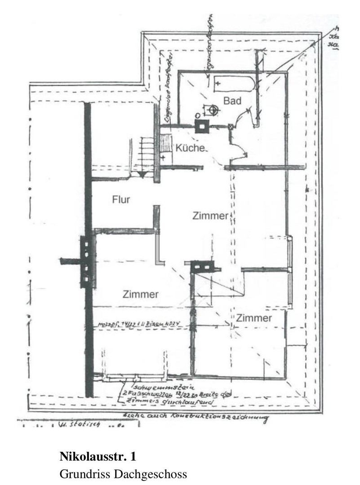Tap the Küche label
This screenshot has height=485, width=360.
coord(190,149)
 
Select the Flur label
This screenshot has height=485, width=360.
coord(121,200)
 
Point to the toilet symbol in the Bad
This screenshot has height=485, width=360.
coord(212,109)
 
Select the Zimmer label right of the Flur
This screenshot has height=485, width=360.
coord(210,216)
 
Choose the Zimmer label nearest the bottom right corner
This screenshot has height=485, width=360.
coord(254,318)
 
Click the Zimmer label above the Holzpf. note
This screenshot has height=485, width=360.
coord(141,295)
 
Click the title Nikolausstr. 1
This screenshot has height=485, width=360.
coord(98,457)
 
